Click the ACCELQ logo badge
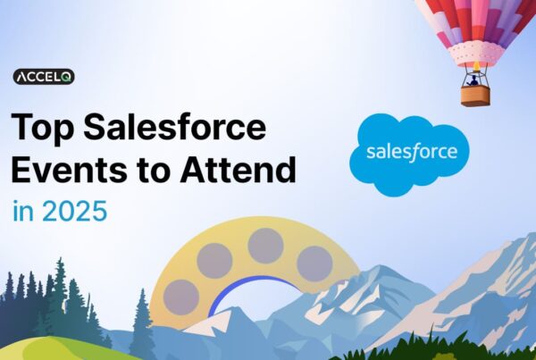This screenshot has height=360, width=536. coord(43,78)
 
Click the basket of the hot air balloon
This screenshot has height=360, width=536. coord(475,95)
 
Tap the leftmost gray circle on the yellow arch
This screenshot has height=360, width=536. coord(182,297)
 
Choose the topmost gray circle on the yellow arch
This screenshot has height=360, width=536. coord(265,246)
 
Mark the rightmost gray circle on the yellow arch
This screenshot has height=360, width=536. coord(314,264)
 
